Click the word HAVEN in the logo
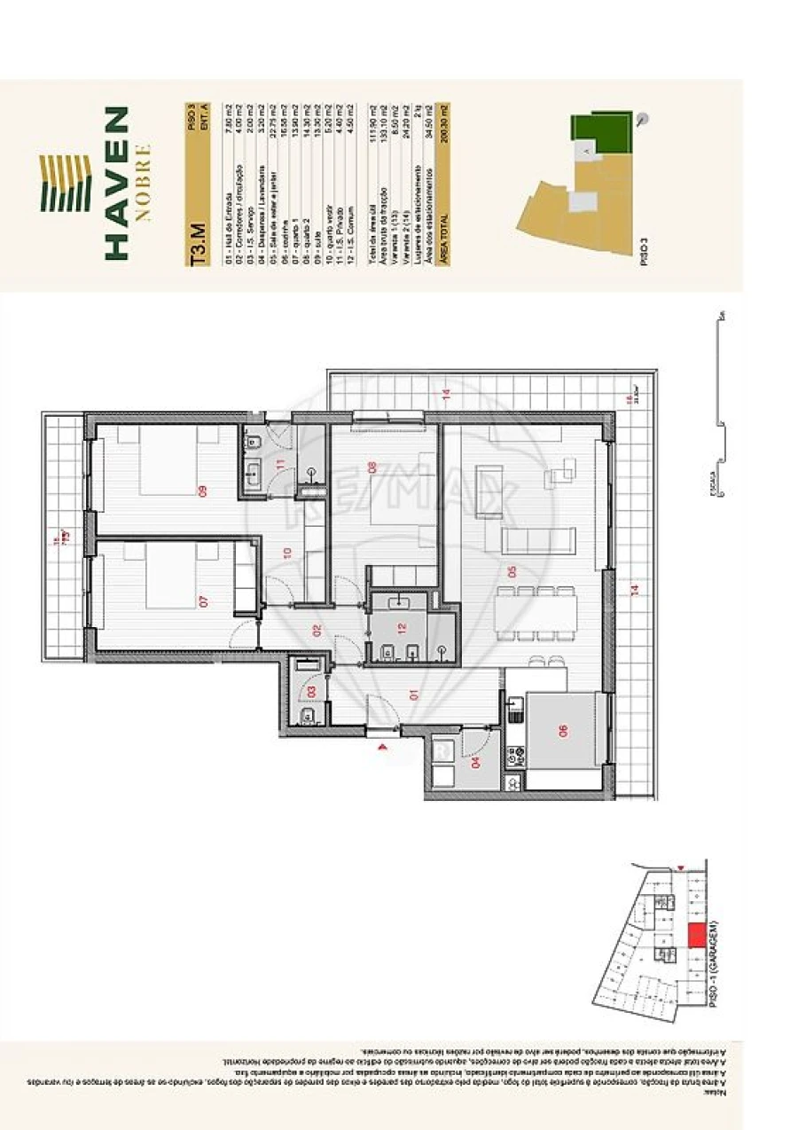coord(116,183)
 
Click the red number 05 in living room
coord(510,572)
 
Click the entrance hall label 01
coord(413,696)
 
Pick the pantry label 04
coord(475,761)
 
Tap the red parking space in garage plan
coord(696,934)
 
